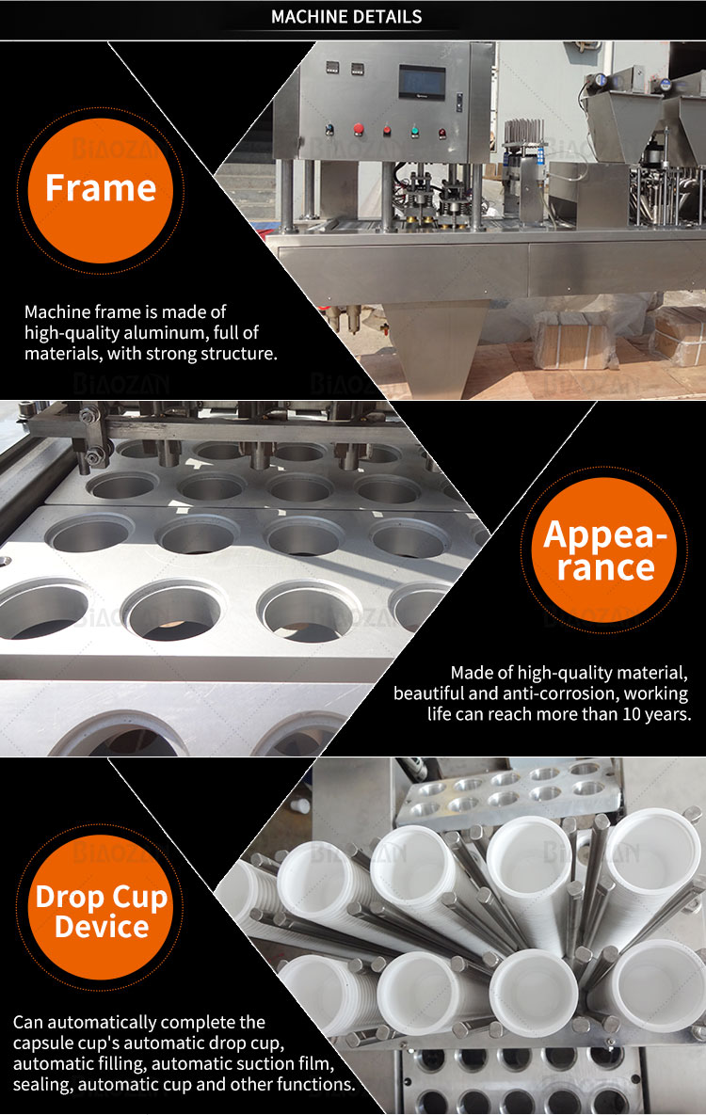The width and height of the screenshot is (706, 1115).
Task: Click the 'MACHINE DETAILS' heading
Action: pyautogui.click(x=346, y=16)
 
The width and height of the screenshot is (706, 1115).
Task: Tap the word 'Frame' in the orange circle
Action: pyautogui.click(x=101, y=188)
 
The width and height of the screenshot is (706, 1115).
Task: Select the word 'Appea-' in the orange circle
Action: pyautogui.click(x=605, y=535)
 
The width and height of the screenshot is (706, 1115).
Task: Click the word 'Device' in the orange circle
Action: pyautogui.click(x=102, y=927)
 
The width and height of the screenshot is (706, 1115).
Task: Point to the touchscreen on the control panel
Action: pyautogui.click(x=422, y=82)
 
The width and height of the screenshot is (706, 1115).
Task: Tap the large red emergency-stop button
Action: pyautogui.click(x=359, y=129)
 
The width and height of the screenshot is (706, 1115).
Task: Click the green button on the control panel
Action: pyautogui.click(x=414, y=131)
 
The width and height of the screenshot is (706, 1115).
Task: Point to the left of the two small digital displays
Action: pyautogui.click(x=331, y=69)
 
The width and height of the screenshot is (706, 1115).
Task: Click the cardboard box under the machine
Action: pyautogui.click(x=571, y=342)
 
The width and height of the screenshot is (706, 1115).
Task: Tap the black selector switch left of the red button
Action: pyautogui.click(x=329, y=130)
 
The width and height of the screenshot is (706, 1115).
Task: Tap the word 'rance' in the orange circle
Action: pyautogui.click(x=605, y=567)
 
